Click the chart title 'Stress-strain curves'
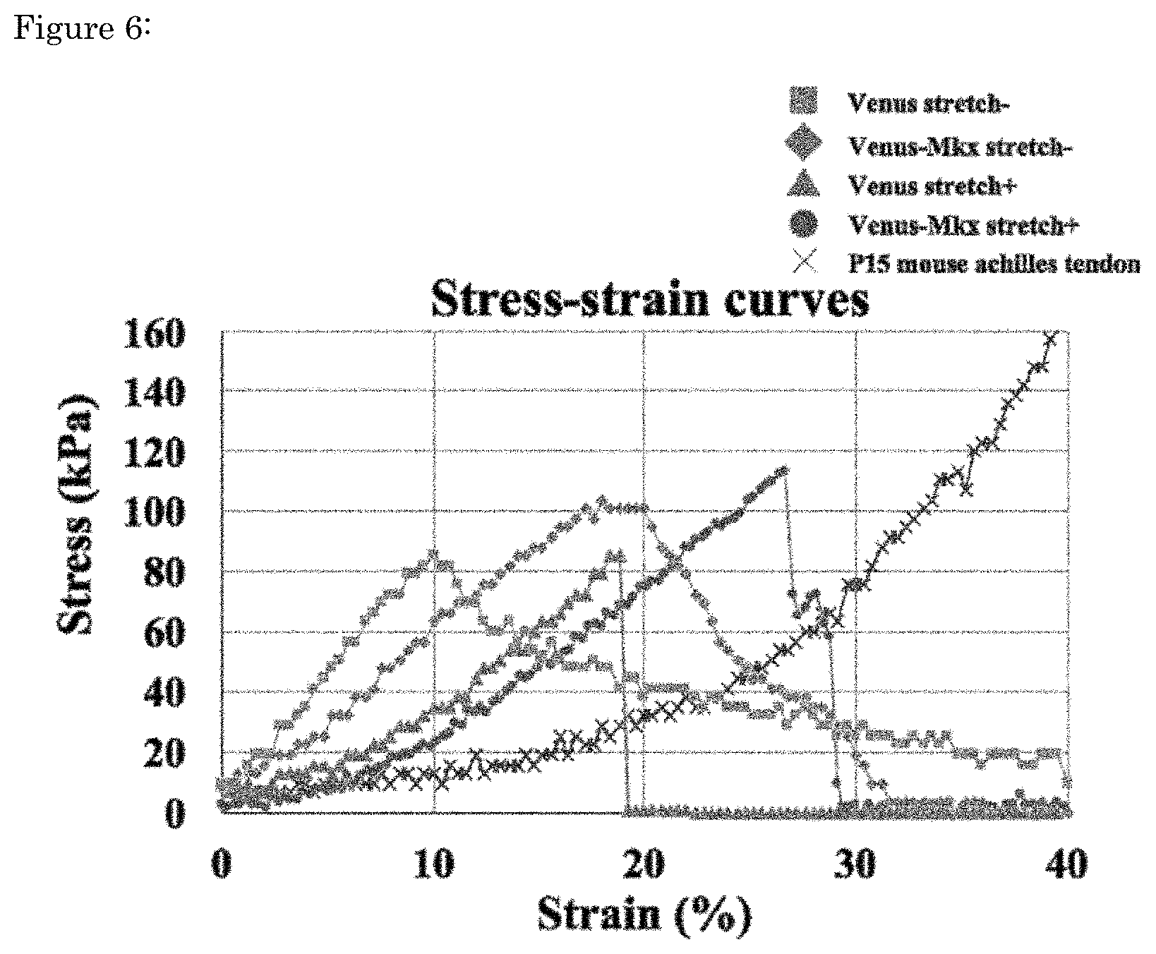649,299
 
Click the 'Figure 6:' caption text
81,30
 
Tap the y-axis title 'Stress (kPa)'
76,514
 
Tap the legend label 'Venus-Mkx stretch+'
963,224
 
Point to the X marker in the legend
803,262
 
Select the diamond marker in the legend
803,145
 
